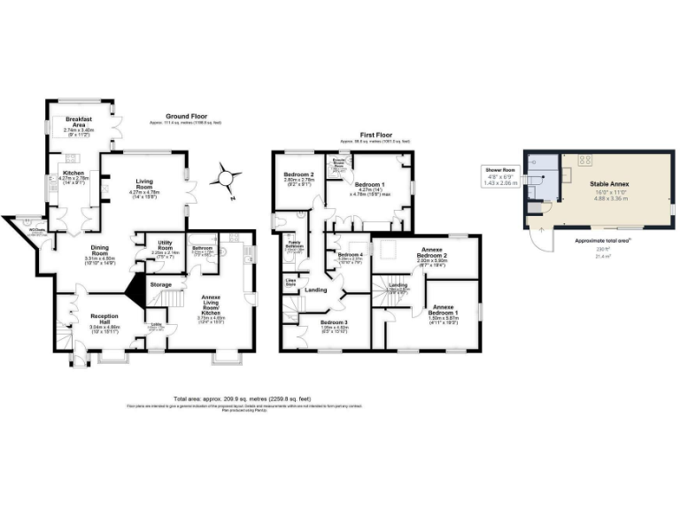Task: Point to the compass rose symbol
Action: tap(227, 179)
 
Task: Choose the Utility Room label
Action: tap(165, 249)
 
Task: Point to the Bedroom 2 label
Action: tap(300, 176)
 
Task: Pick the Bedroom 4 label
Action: tap(351, 256)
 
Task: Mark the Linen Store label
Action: tap(290, 283)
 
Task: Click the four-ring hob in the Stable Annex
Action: tap(585, 160)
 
